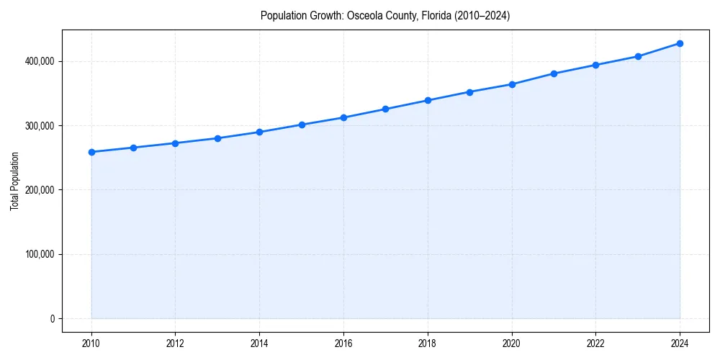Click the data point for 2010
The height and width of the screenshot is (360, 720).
click(91, 152)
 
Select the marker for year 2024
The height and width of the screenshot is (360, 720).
click(680, 43)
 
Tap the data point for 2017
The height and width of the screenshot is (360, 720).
click(385, 109)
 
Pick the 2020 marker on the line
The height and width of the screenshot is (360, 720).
click(512, 84)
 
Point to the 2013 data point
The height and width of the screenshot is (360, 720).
click(217, 138)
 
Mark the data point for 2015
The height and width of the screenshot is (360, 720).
click(302, 125)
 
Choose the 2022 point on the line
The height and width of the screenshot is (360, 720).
click(595, 65)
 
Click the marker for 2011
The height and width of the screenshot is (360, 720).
click(133, 148)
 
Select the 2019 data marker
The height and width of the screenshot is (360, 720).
click(469, 92)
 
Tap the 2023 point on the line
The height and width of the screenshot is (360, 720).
click(638, 56)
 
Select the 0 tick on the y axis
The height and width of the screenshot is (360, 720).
click(52, 319)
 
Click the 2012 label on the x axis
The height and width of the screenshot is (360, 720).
click(175, 343)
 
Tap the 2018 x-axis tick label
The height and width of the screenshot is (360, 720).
click(428, 343)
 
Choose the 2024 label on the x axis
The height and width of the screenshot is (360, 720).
click(680, 343)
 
